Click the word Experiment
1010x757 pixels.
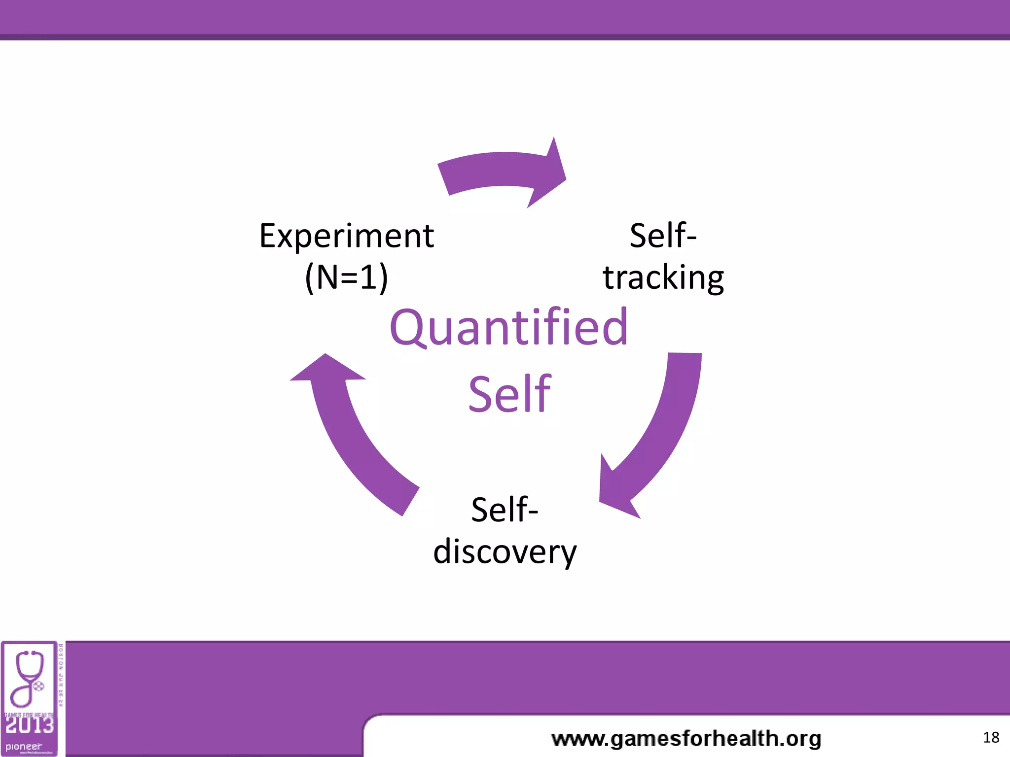click(346, 236)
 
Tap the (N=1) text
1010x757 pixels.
click(346, 277)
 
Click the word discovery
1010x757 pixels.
click(505, 552)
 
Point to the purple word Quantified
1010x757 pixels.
click(508, 327)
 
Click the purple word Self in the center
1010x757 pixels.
click(509, 394)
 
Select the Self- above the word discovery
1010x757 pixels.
click(505, 510)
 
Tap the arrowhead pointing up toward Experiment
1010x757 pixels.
click(327, 369)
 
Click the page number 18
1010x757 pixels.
click(991, 737)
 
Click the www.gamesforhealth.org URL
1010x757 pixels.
click(686, 739)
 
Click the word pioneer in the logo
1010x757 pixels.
click(24, 746)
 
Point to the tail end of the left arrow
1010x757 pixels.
click(410, 500)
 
